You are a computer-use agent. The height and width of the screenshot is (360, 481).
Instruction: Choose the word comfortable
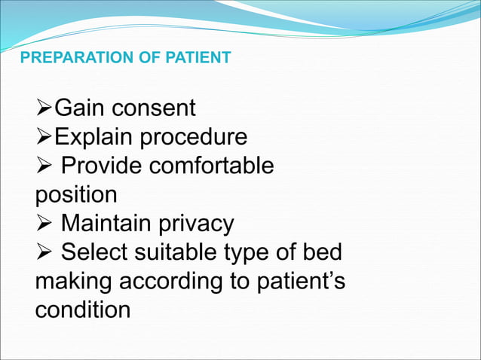point(211,166)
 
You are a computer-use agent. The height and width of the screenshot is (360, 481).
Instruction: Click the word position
point(76,195)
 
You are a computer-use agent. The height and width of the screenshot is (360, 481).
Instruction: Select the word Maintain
point(107,224)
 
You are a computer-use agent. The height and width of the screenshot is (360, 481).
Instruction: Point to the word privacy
point(197,224)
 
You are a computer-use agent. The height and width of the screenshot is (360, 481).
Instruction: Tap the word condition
point(82,310)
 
